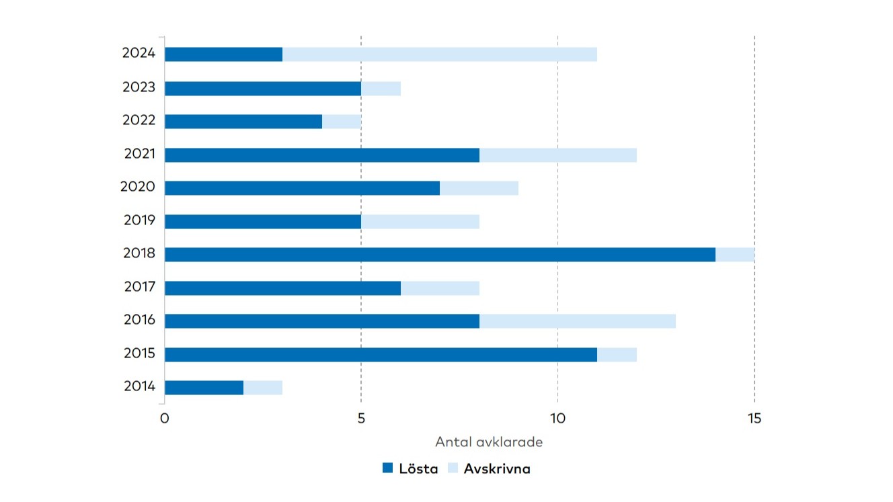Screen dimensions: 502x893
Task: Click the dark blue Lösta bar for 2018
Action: point(440,255)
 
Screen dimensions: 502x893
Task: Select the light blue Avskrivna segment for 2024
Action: point(440,54)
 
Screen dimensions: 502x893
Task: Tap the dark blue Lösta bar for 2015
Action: point(381,355)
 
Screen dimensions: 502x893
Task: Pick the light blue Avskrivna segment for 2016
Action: point(577,321)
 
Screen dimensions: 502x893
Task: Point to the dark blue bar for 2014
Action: point(204,388)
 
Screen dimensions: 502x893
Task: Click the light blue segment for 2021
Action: point(557,155)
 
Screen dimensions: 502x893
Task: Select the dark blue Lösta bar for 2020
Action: point(302,188)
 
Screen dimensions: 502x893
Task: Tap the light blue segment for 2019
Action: point(420,222)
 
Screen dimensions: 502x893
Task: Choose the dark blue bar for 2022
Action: point(243,122)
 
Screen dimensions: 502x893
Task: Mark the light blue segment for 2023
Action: point(381,89)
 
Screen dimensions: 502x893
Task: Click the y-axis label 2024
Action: point(139,53)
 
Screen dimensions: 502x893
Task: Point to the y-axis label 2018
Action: point(139,253)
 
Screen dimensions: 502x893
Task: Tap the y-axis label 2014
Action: point(139,386)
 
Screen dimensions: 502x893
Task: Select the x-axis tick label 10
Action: point(557,419)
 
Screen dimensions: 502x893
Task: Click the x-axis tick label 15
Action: point(754,419)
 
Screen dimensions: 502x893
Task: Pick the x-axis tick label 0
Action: point(165,419)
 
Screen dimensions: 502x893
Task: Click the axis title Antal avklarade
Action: point(489,442)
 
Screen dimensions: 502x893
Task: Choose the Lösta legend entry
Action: point(410,468)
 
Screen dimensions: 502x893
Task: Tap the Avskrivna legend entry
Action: point(489,468)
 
